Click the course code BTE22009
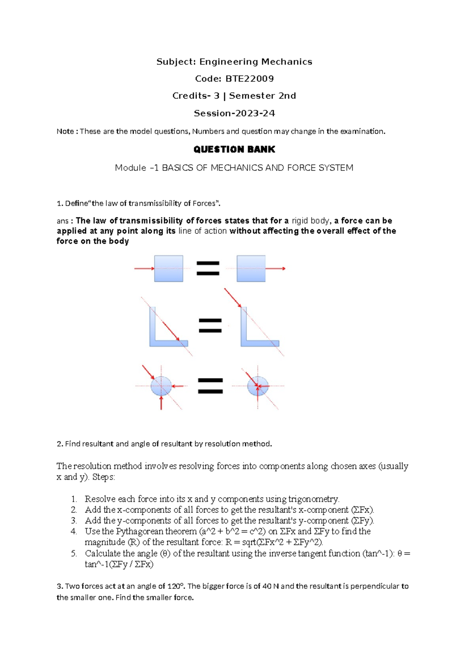(249, 79)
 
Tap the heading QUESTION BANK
(234, 149)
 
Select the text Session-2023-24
(234, 113)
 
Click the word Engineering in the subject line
(229, 62)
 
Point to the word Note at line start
(64, 131)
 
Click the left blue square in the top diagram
(168, 269)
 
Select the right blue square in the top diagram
(251, 269)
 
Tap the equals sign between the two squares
(208, 269)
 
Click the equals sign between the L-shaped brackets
(210, 326)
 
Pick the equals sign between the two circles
(210, 386)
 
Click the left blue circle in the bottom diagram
(161, 386)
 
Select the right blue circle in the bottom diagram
(258, 386)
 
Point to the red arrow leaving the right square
(276, 269)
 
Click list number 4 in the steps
(74, 531)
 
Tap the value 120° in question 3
(175, 586)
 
